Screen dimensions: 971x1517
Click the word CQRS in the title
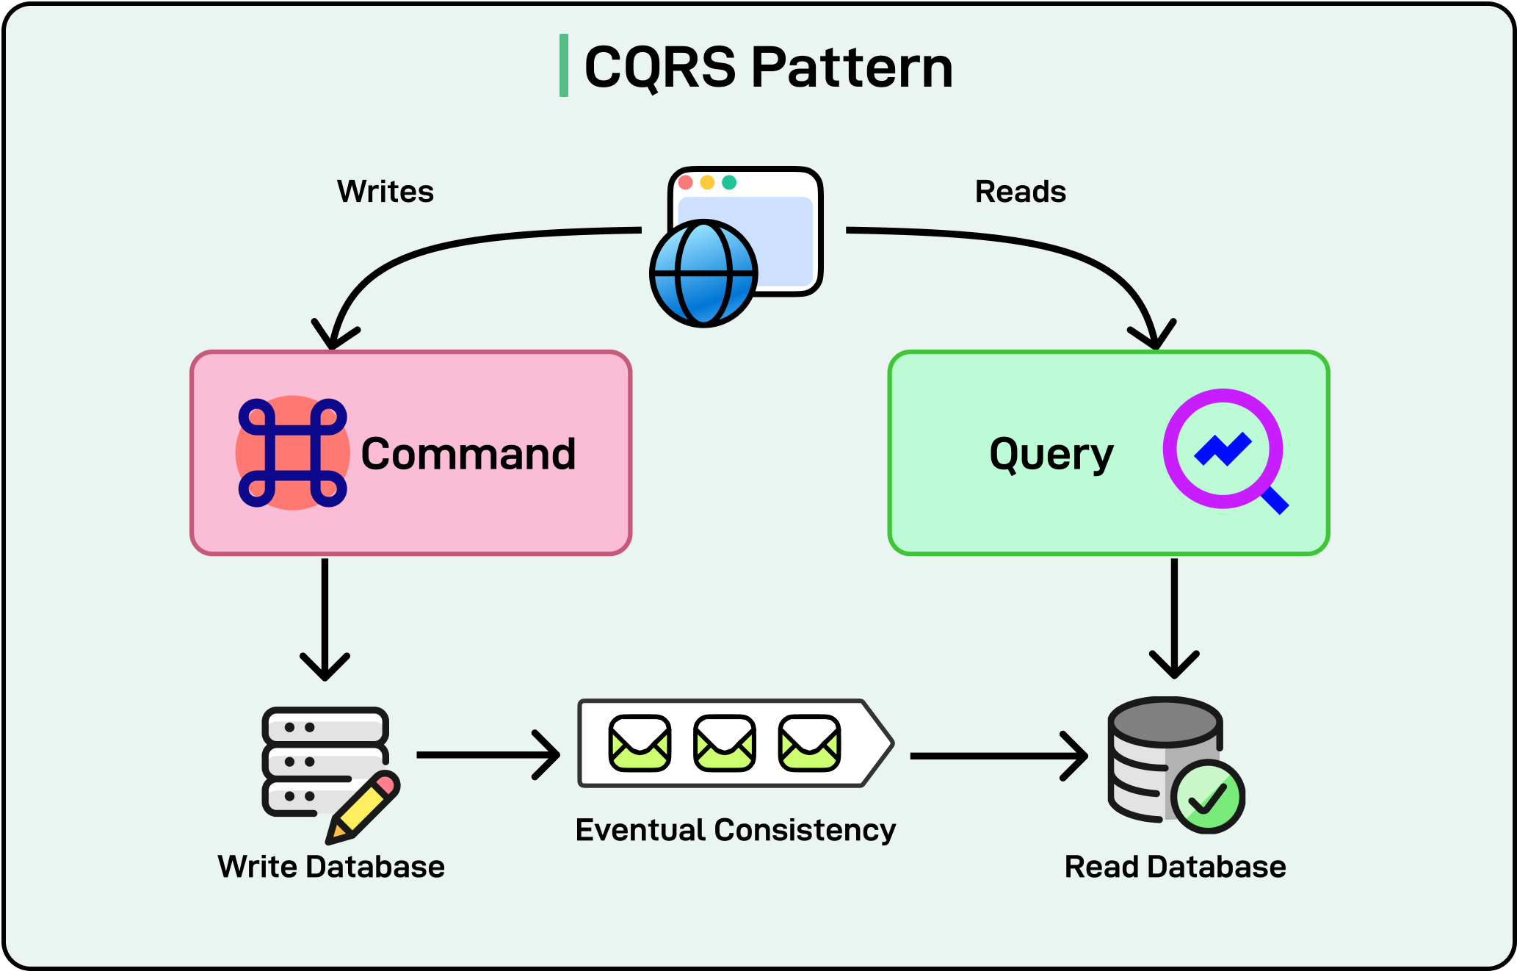tap(659, 68)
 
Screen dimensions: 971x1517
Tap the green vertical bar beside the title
tap(564, 65)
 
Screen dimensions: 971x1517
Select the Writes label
tap(385, 192)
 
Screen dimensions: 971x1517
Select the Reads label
tap(1020, 192)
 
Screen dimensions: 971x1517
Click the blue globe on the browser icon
tap(703, 273)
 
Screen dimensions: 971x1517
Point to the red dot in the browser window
tap(686, 182)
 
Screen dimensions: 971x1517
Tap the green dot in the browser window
tap(729, 182)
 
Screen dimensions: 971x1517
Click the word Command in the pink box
tap(468, 454)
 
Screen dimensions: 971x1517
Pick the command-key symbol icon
tap(292, 453)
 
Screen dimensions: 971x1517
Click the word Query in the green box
tap(1051, 454)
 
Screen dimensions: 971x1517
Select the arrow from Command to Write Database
tap(325, 617)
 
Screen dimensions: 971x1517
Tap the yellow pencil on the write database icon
tap(364, 807)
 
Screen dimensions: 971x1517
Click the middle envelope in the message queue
tap(725, 743)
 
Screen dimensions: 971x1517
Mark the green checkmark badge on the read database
tap(1208, 797)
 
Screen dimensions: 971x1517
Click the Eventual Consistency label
tap(735, 830)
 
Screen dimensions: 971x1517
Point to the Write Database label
tap(331, 867)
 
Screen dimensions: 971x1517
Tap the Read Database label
tap(1175, 867)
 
